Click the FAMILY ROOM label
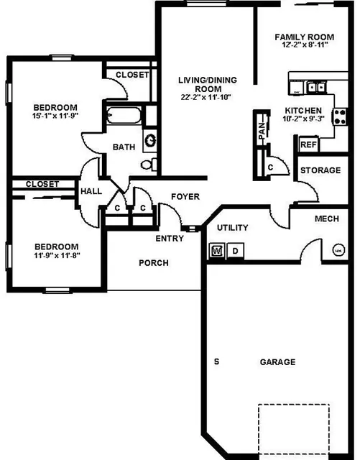point(304,37)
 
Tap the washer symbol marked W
point(217,251)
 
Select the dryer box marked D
point(235,251)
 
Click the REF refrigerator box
point(309,144)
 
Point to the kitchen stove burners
point(340,116)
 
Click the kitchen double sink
point(316,87)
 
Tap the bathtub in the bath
point(124,115)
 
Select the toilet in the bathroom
point(149,165)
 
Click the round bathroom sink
point(150,140)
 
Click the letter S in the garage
point(216,362)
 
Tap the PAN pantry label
point(262,131)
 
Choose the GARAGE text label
point(277,362)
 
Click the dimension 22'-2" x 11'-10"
point(206,97)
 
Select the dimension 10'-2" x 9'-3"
point(303,119)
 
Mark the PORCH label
point(154,263)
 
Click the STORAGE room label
point(320,170)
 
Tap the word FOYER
point(185,196)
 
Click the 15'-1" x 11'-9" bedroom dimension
point(55,116)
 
